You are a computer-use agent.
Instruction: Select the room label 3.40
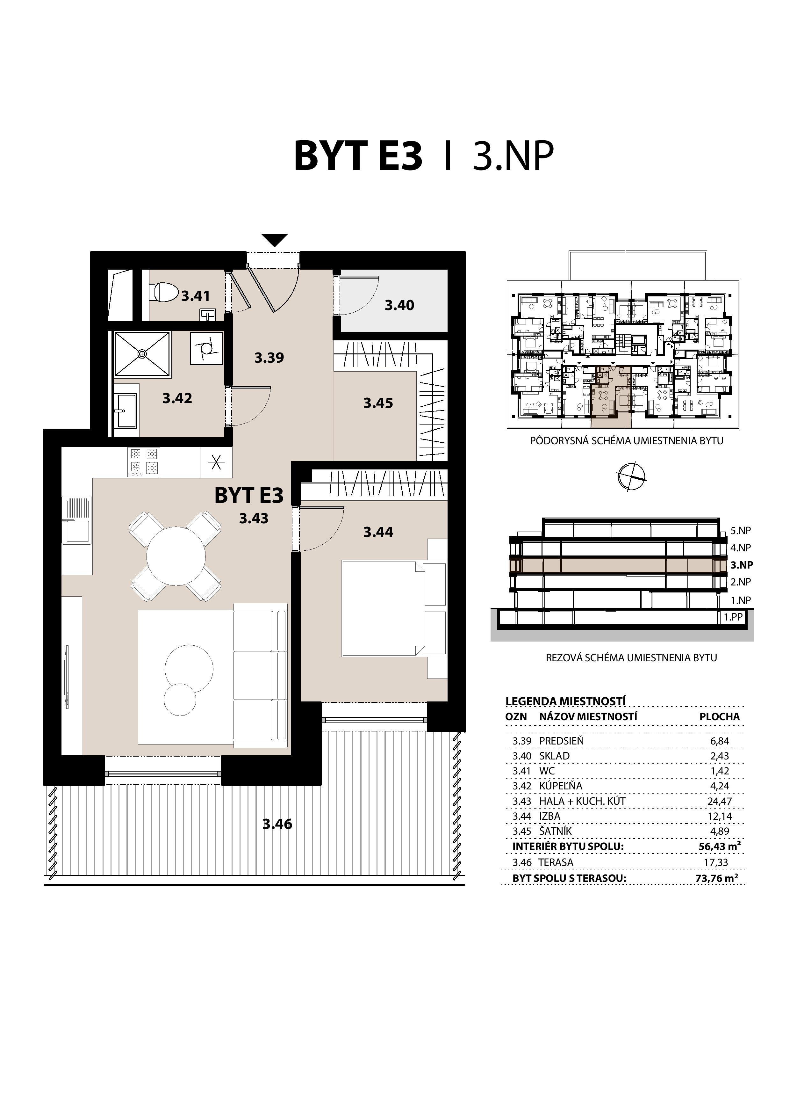(x=399, y=305)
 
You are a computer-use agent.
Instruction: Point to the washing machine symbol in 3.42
(x=207, y=349)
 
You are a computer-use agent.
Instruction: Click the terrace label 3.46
(x=277, y=824)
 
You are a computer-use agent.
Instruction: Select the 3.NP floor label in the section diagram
(x=741, y=565)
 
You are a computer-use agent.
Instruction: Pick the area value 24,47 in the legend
(x=719, y=801)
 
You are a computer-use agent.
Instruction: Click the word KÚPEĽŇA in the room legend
(x=561, y=786)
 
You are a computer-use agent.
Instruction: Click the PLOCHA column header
(x=719, y=717)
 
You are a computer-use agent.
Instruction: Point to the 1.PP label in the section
(x=733, y=617)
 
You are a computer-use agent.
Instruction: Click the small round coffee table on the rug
(x=180, y=700)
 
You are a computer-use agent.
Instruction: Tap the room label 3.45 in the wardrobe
(x=378, y=403)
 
